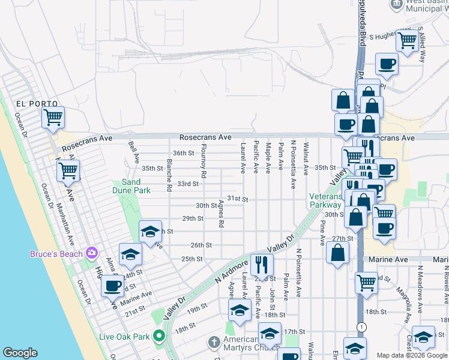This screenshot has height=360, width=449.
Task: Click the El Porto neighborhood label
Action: coord(30,103)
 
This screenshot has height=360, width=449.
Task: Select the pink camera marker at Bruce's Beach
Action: coord(91,253)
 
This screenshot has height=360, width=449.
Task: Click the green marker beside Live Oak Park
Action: coord(158,336)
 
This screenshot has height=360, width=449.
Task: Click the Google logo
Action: coord(20,353)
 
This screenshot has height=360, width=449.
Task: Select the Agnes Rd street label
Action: coord(221,214)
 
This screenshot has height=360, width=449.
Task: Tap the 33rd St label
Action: coord(187,184)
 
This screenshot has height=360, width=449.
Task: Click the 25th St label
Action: coord(192,259)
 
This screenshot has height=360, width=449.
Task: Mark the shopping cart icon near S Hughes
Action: coord(408,40)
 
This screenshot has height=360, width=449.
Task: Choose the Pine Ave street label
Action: coord(322,232)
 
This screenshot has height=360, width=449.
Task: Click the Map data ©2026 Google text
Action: coord(411,355)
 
